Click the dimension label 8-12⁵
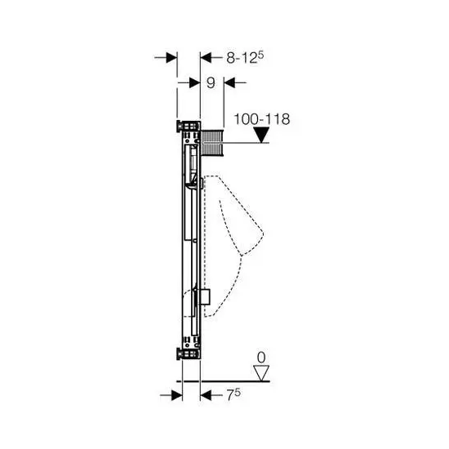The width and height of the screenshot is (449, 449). [x=245, y=58]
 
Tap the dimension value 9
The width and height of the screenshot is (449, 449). [x=211, y=82]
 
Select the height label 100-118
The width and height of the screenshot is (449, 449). [x=262, y=119]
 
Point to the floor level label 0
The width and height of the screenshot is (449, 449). [x=261, y=358]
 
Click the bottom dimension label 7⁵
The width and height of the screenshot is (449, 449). [x=233, y=395]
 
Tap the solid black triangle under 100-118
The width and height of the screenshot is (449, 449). [x=262, y=135]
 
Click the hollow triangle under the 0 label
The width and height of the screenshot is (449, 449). [x=261, y=373]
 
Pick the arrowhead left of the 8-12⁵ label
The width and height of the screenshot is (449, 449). [x=206, y=58]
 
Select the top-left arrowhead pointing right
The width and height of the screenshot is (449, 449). [x=171, y=58]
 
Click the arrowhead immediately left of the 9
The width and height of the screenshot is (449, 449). [x=195, y=82]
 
